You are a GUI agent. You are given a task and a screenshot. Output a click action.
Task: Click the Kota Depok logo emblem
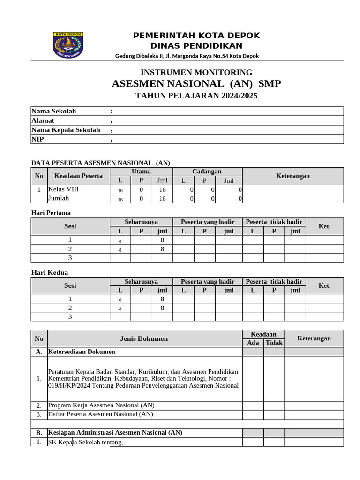68,45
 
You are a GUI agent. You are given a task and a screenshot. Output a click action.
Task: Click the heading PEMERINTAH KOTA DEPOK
196,36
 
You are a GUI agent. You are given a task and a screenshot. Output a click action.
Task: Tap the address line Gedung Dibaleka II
187,56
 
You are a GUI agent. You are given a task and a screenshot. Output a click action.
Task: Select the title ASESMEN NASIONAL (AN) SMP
196,84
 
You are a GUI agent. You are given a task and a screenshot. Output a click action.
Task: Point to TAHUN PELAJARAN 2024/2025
196,96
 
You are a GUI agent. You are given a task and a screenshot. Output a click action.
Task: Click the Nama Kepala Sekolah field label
66,130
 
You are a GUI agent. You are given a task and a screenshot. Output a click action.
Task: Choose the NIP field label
37,139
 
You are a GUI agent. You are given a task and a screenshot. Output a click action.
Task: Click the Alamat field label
43,120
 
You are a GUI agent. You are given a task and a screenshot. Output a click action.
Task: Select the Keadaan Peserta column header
78,176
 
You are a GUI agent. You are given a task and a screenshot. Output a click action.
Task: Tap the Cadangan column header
207,172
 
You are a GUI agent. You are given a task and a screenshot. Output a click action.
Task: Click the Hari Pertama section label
51,213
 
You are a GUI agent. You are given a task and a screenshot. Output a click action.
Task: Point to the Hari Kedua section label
50,272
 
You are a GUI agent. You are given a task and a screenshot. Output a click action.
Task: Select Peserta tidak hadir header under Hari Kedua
274,281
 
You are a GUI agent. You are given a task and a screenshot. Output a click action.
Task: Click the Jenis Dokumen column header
144,338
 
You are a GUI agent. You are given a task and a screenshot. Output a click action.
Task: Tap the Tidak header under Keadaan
274,343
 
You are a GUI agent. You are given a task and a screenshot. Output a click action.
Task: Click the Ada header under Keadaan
253,343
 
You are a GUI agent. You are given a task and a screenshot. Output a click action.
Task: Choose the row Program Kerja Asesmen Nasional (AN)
101,405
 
